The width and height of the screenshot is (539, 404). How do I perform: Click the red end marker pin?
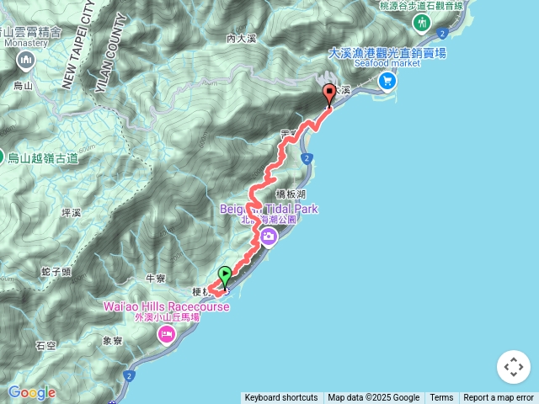[x=328, y=94]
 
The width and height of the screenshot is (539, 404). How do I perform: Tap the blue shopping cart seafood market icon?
[x=387, y=81]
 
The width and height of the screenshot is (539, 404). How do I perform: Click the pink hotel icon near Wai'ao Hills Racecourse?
[x=166, y=337]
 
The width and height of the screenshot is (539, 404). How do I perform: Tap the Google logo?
[x=31, y=392]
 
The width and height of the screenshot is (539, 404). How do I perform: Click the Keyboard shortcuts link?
[x=281, y=398]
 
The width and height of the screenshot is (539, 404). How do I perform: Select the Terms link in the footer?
[x=441, y=398]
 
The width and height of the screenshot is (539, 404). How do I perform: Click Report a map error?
[x=499, y=398]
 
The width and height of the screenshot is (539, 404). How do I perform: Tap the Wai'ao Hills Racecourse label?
[x=166, y=306]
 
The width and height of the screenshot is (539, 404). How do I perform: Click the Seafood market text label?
[x=387, y=63]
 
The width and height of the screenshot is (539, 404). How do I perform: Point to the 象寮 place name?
[x=113, y=341]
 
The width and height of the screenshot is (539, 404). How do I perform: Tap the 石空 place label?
[x=45, y=345]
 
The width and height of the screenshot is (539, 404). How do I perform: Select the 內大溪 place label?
[x=242, y=38]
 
